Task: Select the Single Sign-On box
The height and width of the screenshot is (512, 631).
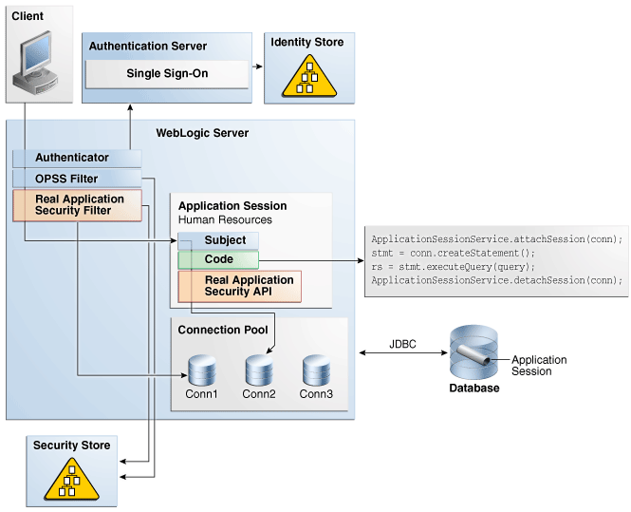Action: [167, 74]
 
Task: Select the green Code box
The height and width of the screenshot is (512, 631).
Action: [218, 259]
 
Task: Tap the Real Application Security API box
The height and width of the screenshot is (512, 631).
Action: [239, 286]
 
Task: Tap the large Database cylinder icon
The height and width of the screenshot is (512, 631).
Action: [473, 353]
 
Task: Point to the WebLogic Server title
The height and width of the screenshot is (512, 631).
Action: [202, 133]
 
